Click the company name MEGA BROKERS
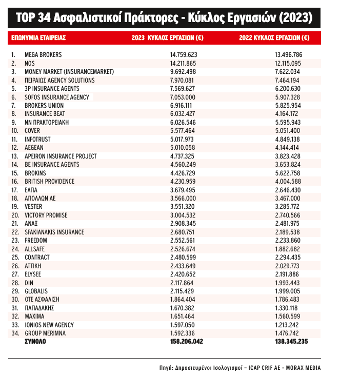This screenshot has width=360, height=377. coord(44,54)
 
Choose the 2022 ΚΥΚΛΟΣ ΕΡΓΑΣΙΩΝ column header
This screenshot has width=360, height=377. coord(274,37)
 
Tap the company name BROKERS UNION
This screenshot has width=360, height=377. coord(44,105)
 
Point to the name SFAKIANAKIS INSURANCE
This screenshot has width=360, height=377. coord(54,232)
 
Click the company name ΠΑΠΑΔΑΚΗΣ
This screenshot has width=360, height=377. coord(39,308)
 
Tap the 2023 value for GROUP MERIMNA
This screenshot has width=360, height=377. coord(184,333)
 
